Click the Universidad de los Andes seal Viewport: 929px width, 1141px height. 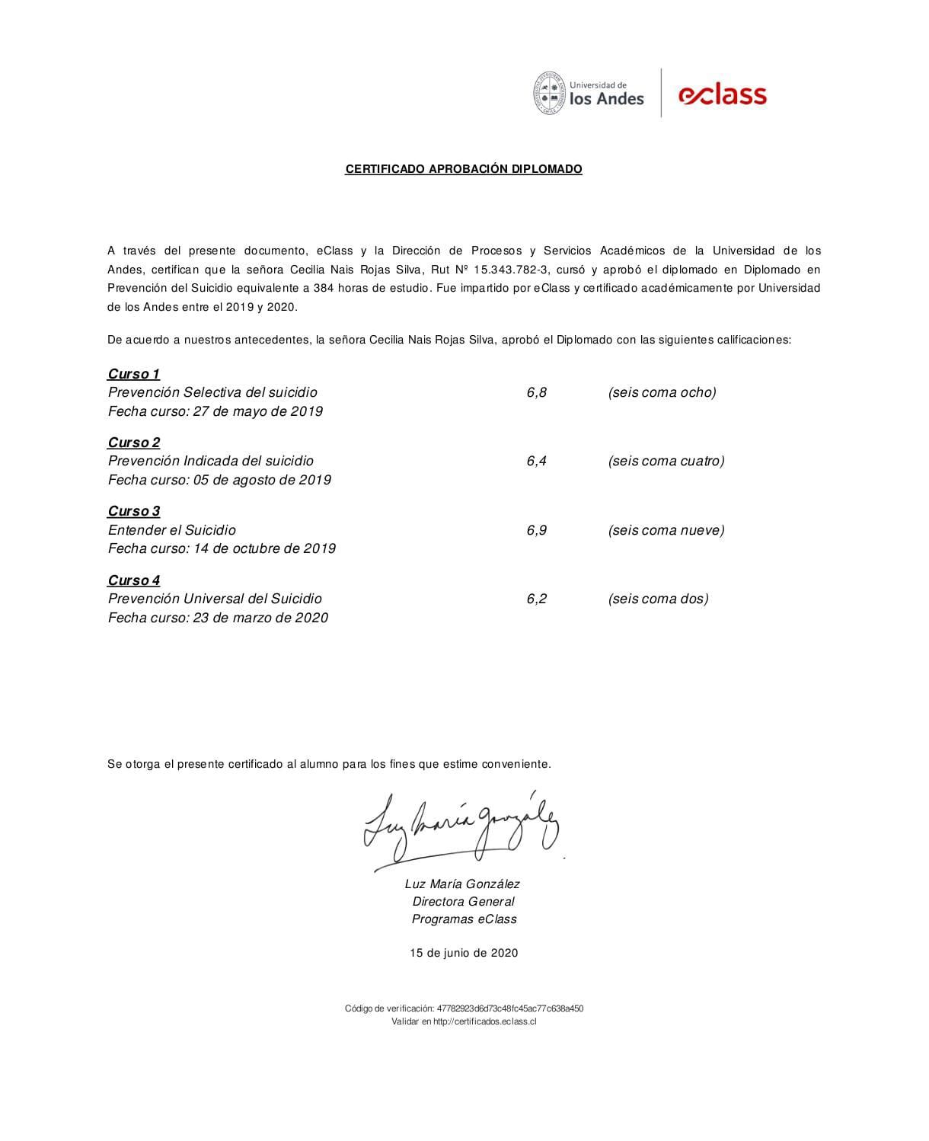549,93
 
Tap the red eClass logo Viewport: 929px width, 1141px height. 722,94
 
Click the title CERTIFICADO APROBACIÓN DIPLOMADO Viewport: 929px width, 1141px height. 464,169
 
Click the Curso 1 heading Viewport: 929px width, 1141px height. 134,374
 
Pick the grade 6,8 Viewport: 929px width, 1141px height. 536,393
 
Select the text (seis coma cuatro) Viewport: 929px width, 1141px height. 666,461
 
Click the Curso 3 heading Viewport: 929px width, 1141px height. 134,511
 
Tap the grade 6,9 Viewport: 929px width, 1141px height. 536,530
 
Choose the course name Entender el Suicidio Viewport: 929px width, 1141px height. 172,530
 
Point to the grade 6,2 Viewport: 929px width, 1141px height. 536,599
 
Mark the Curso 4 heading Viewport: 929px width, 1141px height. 134,580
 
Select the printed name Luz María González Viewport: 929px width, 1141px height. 462,884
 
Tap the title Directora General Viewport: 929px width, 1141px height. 463,902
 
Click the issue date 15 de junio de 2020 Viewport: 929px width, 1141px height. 464,953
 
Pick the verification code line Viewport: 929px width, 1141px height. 464,1008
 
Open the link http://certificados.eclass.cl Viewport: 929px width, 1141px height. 484,1021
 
